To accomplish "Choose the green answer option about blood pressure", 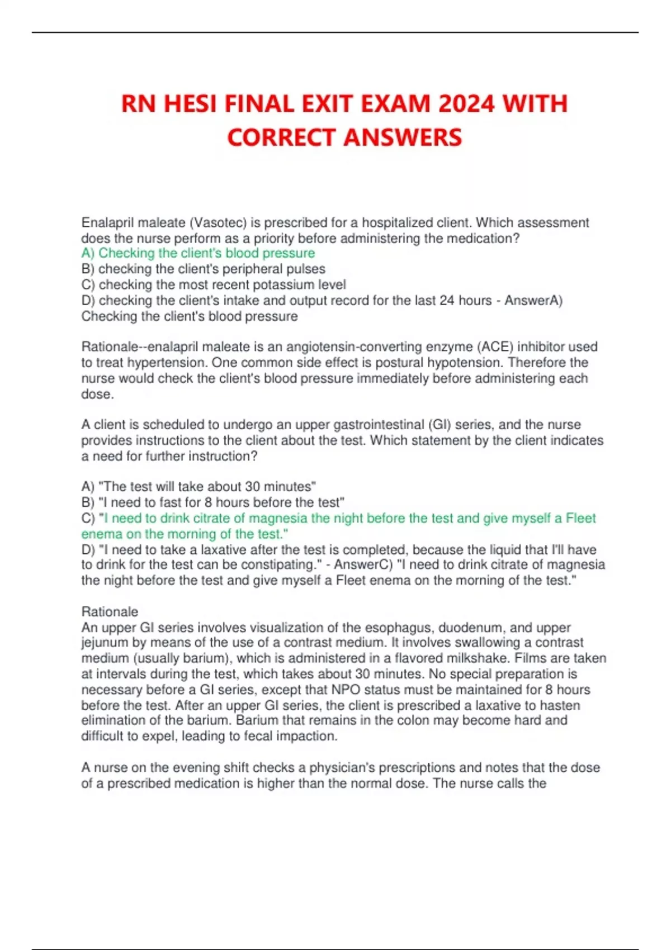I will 198,253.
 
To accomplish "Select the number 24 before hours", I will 447,300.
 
